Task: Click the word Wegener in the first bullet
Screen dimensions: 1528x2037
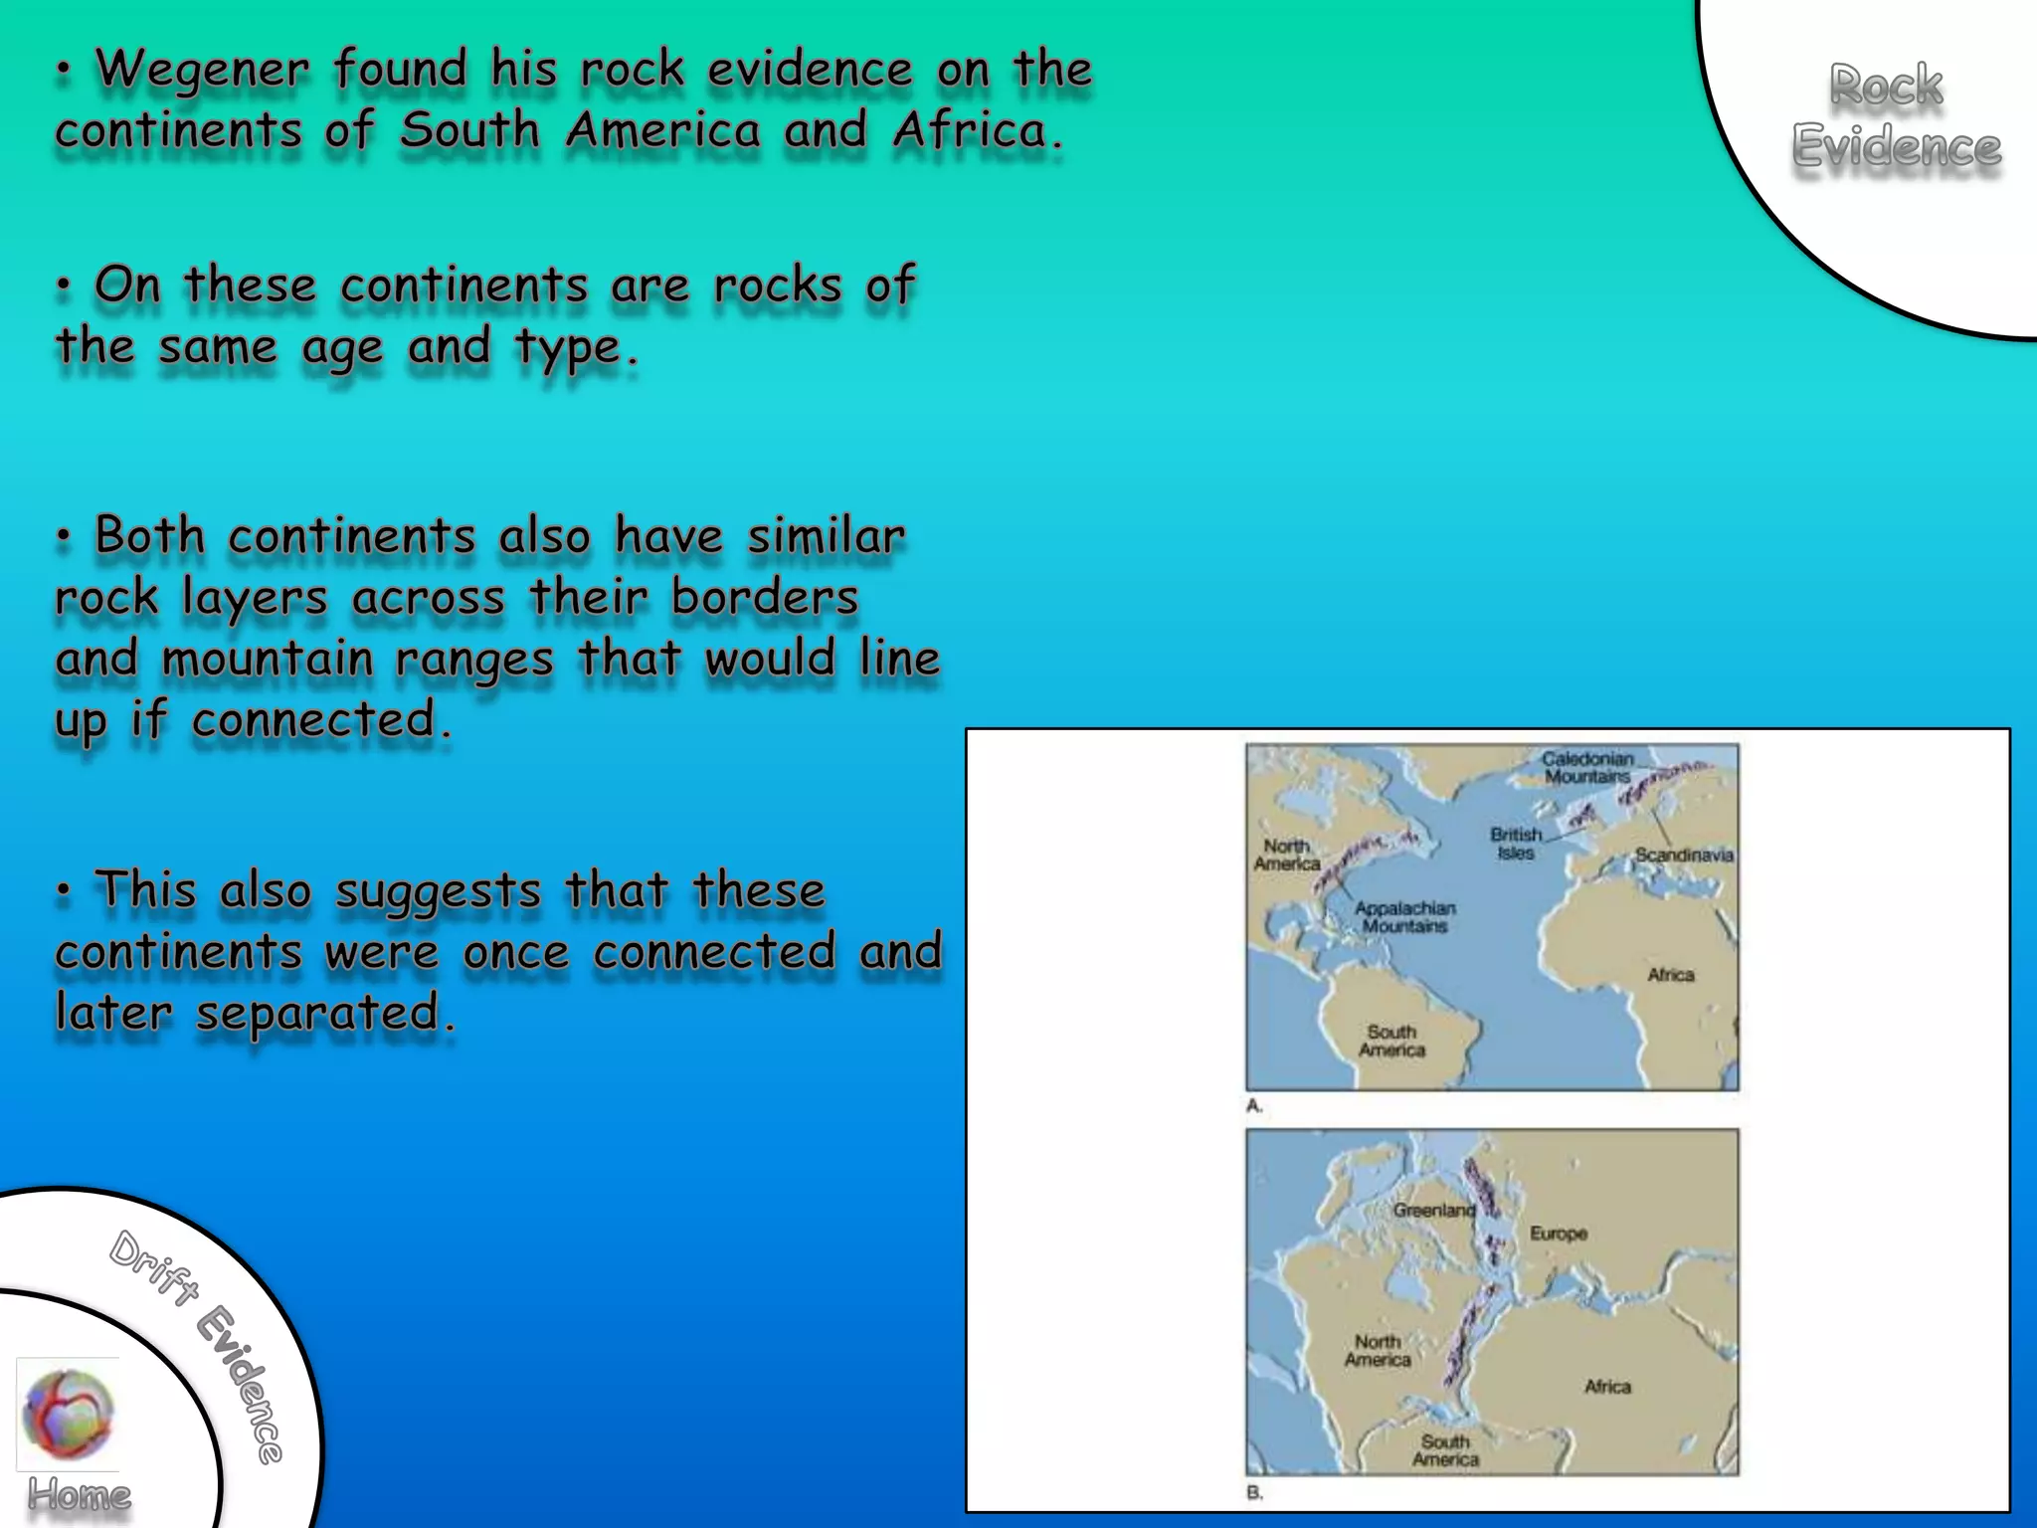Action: click(x=202, y=70)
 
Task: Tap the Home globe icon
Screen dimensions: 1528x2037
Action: click(x=68, y=1413)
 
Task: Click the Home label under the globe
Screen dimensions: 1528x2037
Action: click(x=79, y=1495)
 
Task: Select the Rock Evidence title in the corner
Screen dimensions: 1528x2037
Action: click(x=1895, y=115)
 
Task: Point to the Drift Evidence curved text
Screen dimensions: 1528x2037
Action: click(x=199, y=1343)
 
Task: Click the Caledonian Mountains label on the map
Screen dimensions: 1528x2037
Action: click(x=1586, y=767)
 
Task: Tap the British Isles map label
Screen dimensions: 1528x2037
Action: click(x=1515, y=844)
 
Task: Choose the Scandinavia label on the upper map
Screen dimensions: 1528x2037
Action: click(x=1684, y=856)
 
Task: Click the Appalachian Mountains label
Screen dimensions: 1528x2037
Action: click(x=1404, y=917)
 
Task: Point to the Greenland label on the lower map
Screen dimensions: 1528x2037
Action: click(x=1433, y=1211)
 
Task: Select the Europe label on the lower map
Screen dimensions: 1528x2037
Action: click(x=1558, y=1234)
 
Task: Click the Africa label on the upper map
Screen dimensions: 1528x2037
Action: click(x=1670, y=975)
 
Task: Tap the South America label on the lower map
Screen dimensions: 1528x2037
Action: click(x=1445, y=1450)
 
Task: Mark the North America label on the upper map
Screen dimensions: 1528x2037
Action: click(x=1287, y=855)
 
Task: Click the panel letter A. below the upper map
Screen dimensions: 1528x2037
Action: click(x=1254, y=1106)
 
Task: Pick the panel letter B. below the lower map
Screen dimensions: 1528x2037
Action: click(x=1254, y=1492)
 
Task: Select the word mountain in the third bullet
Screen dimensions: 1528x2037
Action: click(x=267, y=660)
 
